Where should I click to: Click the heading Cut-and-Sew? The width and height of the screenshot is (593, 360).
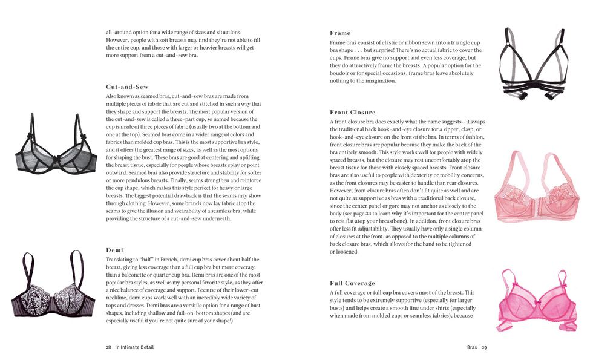click(x=126, y=87)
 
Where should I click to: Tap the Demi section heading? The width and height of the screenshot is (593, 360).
click(x=114, y=250)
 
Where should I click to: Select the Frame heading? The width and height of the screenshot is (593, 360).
click(x=340, y=33)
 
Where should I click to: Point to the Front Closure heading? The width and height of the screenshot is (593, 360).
click(x=352, y=113)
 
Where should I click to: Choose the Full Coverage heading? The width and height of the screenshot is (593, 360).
click(x=352, y=283)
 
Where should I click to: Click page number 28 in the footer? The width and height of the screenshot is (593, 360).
click(x=108, y=348)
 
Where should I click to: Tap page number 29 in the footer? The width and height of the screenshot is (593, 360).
click(x=484, y=348)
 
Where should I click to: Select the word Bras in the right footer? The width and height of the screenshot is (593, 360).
click(x=472, y=348)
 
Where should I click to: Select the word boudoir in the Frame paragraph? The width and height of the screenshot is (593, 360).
click(x=342, y=73)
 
